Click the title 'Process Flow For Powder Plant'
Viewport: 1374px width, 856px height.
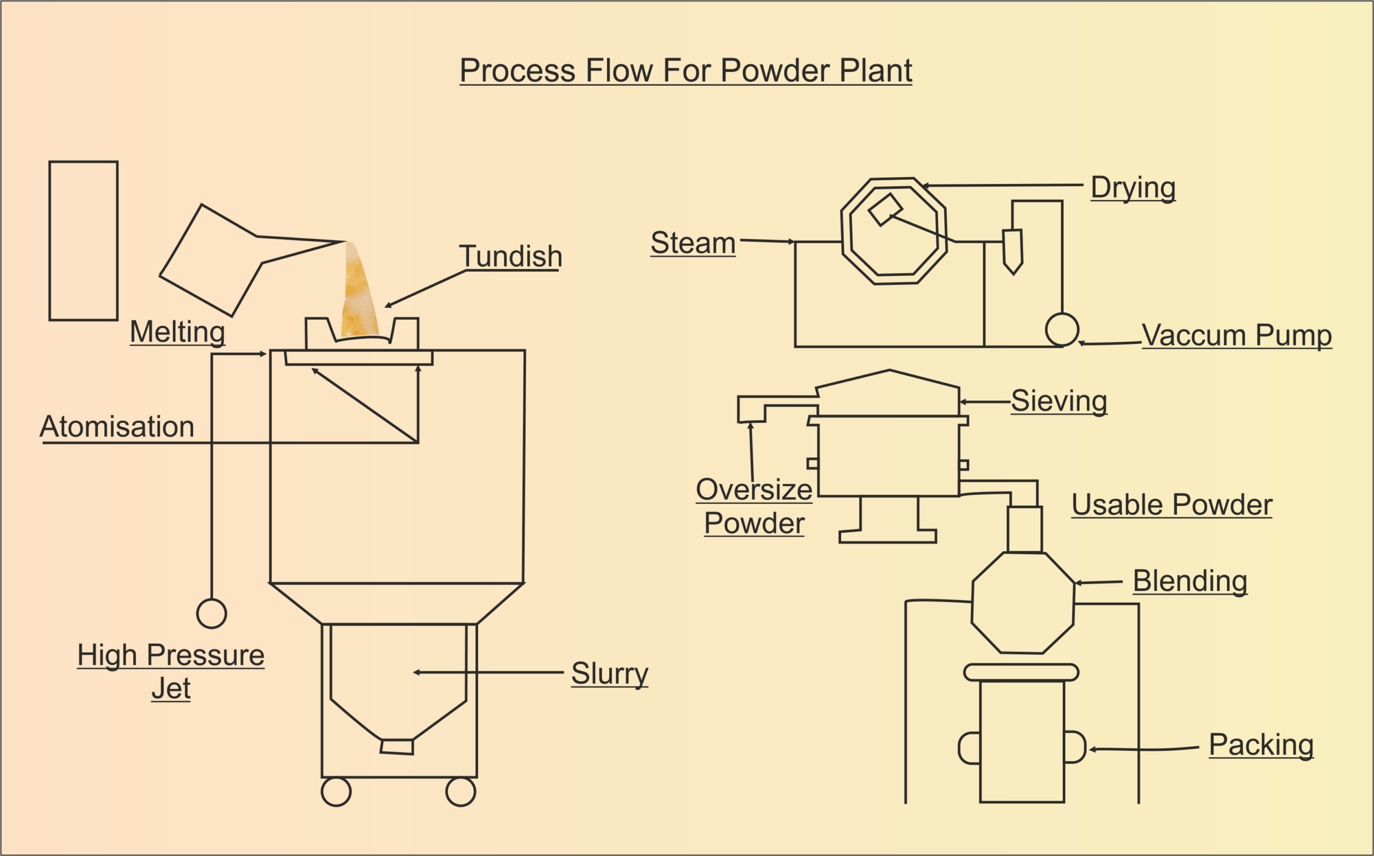[x=685, y=71]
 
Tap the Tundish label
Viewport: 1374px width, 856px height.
[x=510, y=257]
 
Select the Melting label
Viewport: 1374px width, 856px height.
[x=177, y=332]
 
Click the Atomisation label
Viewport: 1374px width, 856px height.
[x=117, y=426]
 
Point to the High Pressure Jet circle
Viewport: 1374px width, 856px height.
[x=211, y=614]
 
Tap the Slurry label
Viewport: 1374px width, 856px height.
[x=609, y=673]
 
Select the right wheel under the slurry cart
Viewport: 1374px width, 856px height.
[x=461, y=792]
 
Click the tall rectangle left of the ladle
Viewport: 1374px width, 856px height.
[x=83, y=240]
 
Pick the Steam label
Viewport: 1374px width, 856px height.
[x=692, y=243]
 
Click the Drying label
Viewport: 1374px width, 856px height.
[x=1133, y=187]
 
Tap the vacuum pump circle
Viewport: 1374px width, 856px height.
[x=1062, y=330]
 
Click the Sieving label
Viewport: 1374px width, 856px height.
[x=1058, y=401]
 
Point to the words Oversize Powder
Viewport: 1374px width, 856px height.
[x=754, y=506]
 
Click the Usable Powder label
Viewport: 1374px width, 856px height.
[x=1172, y=504]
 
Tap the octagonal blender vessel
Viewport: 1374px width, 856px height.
[x=1022, y=602]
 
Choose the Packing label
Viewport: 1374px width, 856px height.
[x=1261, y=744]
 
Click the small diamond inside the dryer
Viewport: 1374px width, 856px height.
[x=885, y=209]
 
